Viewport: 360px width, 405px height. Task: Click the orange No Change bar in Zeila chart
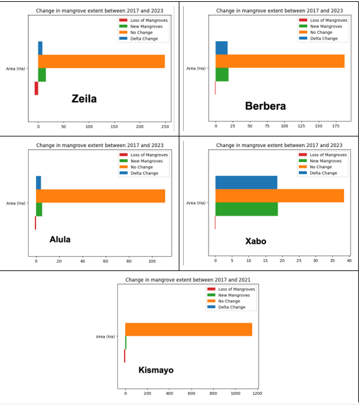click(102, 61)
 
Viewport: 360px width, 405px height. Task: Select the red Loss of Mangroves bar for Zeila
click(36, 88)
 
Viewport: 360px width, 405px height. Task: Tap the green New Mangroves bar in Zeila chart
click(42, 75)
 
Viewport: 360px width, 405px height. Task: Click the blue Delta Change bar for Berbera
click(222, 47)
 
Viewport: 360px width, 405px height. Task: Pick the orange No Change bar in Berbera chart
click(280, 61)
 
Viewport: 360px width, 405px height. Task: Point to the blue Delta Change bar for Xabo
click(246, 182)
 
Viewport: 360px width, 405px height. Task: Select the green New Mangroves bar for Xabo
click(246, 209)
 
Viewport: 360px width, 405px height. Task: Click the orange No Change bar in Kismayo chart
click(189, 329)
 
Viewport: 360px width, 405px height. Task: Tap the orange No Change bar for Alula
click(100, 196)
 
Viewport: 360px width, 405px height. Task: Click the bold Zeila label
click(84, 98)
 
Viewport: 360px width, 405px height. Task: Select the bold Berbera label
click(265, 106)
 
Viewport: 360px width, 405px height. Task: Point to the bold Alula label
click(60, 239)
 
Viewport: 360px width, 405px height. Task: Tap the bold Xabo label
click(255, 241)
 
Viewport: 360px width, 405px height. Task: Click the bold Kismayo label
click(156, 370)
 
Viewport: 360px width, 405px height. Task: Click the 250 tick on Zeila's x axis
click(165, 126)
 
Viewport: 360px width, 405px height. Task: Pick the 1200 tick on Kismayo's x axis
click(257, 394)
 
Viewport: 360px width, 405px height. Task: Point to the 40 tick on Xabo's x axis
click(349, 260)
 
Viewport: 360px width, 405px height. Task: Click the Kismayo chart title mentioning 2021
click(187, 280)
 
